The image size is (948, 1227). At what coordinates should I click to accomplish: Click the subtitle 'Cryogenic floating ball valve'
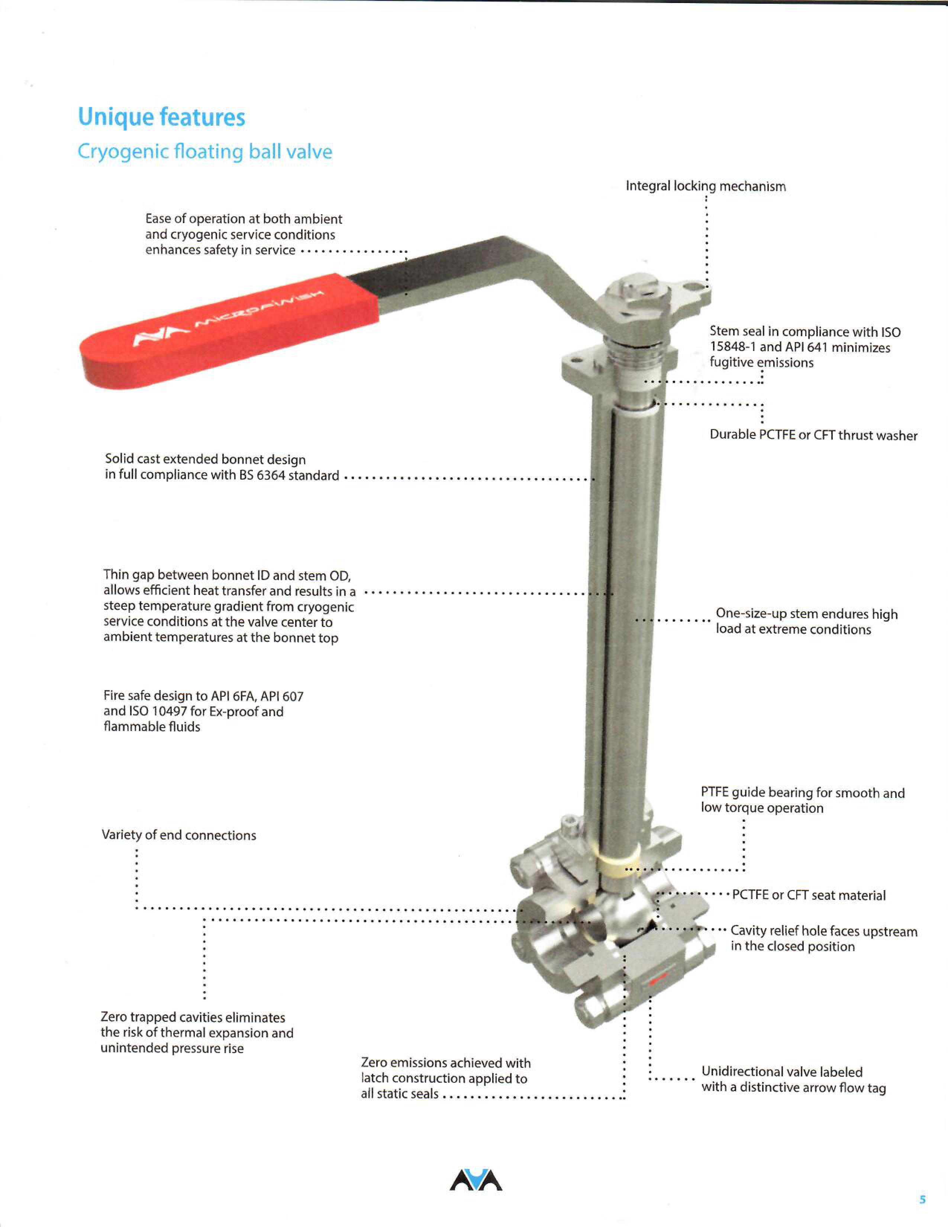click(x=204, y=152)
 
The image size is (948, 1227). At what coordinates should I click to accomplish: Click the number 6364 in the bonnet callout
click(x=271, y=475)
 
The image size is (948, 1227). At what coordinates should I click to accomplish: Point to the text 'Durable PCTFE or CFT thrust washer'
click(x=813, y=435)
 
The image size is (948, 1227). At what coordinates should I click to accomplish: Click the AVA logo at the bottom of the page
click(x=476, y=1181)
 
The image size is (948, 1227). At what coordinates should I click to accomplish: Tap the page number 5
click(x=922, y=1200)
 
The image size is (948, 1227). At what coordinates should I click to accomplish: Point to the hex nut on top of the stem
click(x=637, y=292)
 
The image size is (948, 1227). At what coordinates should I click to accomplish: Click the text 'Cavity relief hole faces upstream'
click(x=823, y=931)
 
